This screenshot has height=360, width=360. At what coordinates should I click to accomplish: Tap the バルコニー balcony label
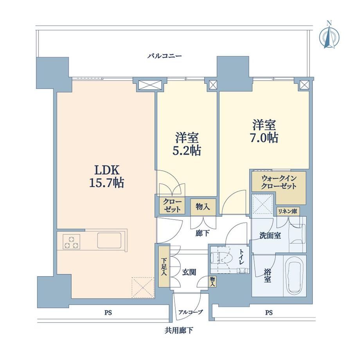165,56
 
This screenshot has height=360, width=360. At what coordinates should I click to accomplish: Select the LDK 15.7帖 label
106,176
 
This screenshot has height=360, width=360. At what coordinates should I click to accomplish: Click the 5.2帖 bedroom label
187,144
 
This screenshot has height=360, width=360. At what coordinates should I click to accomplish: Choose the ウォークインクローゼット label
279,182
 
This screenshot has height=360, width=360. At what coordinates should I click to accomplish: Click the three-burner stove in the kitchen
71,242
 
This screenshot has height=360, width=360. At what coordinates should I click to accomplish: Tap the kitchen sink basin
109,241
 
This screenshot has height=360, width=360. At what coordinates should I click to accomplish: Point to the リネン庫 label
288,211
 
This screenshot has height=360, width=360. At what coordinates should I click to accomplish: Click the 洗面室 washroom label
270,236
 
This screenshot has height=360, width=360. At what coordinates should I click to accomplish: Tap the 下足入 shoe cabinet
164,266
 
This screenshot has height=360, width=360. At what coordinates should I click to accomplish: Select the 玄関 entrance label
189,272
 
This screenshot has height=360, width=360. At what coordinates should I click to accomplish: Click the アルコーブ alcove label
191,312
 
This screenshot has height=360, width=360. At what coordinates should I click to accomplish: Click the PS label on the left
108,313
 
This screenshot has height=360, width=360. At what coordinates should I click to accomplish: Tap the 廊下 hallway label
202,234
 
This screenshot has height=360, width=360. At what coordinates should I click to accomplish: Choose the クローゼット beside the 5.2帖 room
172,206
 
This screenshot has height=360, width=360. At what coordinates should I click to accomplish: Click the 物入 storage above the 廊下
203,207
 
